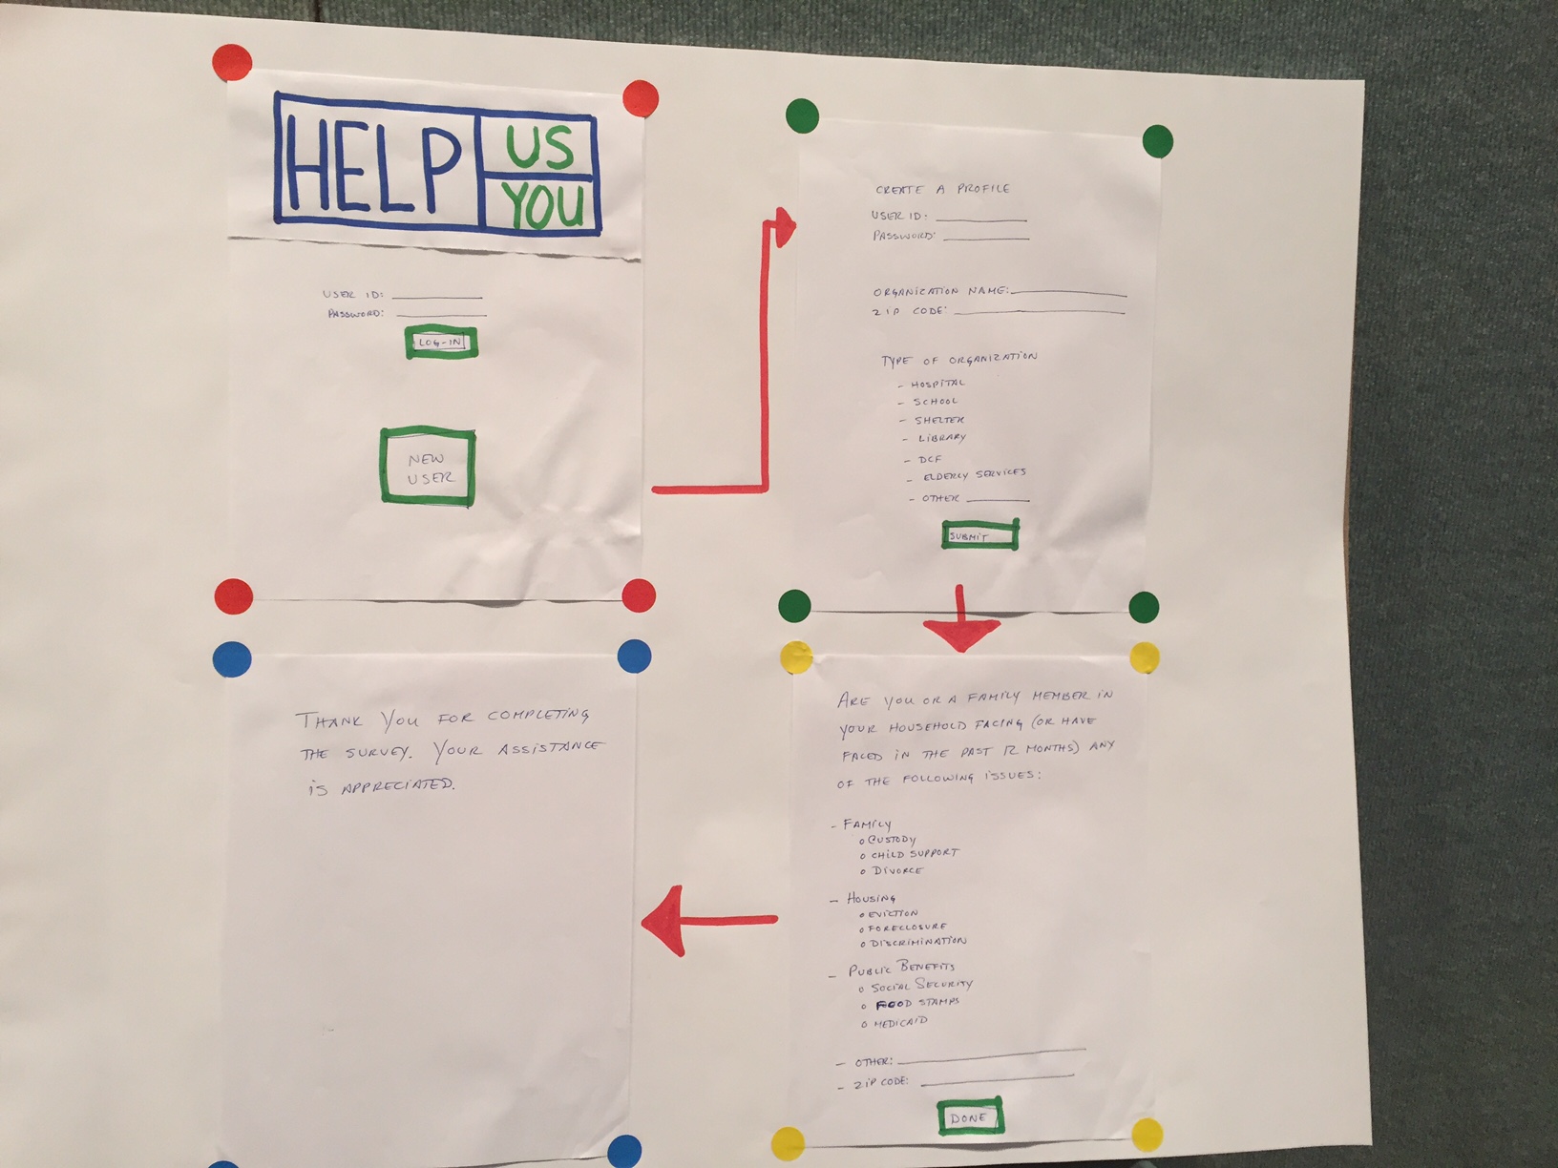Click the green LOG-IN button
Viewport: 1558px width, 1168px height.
tap(441, 343)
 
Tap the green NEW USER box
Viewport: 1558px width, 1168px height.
tap(428, 467)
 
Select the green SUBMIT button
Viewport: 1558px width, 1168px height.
tap(979, 535)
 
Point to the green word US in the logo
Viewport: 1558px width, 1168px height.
tap(539, 147)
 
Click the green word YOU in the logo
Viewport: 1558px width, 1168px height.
tap(542, 204)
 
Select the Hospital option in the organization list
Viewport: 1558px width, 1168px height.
tap(937, 384)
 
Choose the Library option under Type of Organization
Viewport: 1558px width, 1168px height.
tap(940, 438)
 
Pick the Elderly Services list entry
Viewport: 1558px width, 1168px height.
tap(973, 474)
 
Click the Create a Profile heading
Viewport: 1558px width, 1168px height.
tap(941, 189)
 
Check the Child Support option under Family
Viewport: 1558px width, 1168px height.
tap(911, 854)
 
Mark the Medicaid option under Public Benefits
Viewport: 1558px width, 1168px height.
tap(898, 1023)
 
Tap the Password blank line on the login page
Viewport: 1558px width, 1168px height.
tap(441, 314)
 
